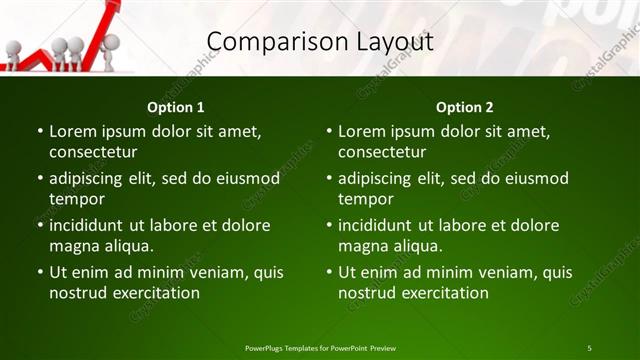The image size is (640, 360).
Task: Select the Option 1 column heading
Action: click(x=176, y=107)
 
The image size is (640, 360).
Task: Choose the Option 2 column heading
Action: click(x=465, y=107)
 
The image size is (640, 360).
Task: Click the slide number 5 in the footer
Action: click(x=589, y=348)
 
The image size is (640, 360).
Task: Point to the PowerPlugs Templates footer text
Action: click(x=320, y=348)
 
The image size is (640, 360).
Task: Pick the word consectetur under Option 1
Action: click(x=93, y=153)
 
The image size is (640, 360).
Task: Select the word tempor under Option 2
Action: click(x=366, y=199)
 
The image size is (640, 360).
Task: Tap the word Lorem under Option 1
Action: click(x=71, y=131)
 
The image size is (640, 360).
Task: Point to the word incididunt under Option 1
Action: click(x=89, y=225)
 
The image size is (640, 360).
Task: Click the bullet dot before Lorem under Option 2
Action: click(x=330, y=131)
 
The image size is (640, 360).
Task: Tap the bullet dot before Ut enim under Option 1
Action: click(x=41, y=272)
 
